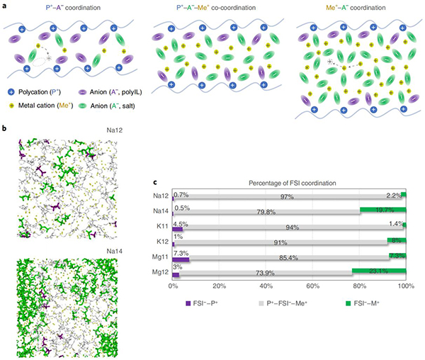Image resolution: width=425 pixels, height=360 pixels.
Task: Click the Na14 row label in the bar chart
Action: [x=159, y=210]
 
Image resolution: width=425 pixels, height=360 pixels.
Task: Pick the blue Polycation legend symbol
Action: [x=8, y=93]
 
